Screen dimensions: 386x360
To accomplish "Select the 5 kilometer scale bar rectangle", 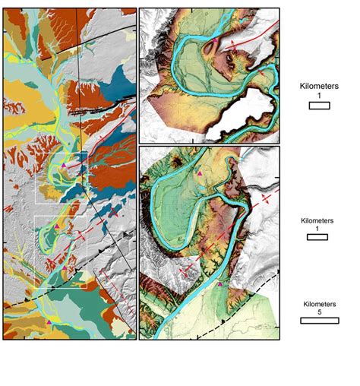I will [318, 320].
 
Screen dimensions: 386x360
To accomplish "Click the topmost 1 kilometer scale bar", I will [318, 106].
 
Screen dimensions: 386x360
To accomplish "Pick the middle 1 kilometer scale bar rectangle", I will [317, 238].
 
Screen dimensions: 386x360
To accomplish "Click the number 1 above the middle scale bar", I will [317, 229].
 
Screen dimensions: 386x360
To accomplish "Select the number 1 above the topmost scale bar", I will [318, 97].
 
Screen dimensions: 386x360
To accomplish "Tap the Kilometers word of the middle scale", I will [317, 220].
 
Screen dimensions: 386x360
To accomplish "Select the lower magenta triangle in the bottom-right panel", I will [221, 283].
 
